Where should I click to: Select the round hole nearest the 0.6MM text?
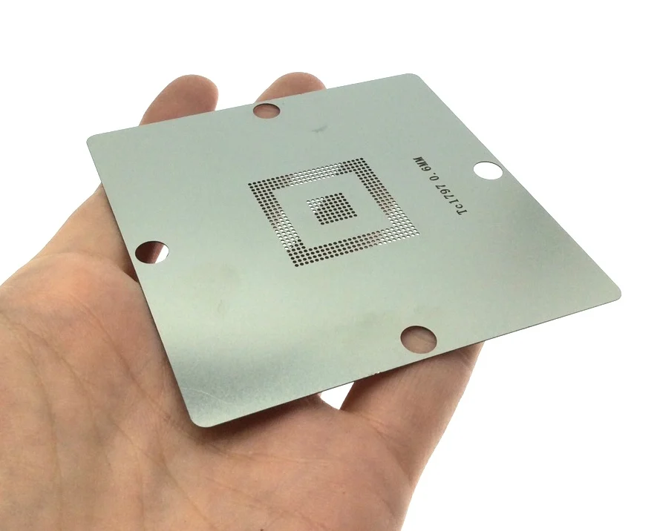488,171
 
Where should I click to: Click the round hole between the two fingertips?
267,111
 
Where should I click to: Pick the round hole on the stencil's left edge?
151,252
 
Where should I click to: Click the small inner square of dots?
332,208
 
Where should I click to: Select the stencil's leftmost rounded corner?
90,141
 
